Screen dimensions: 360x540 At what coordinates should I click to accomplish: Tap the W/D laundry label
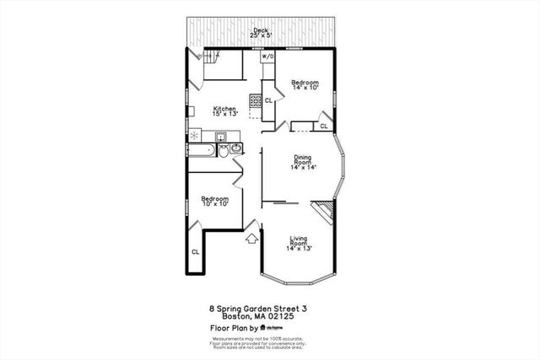click(267, 56)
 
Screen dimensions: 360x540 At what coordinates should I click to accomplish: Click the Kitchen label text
click(224, 110)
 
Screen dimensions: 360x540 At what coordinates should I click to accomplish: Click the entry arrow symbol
click(251, 239)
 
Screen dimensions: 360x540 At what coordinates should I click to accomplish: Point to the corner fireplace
click(324, 211)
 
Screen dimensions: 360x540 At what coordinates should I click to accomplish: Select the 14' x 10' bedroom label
click(305, 84)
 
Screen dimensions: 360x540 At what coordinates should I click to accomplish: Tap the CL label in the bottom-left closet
click(195, 251)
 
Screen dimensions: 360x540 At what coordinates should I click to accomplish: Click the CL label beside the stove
click(268, 100)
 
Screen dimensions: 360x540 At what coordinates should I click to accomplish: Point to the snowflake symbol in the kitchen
click(195, 135)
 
